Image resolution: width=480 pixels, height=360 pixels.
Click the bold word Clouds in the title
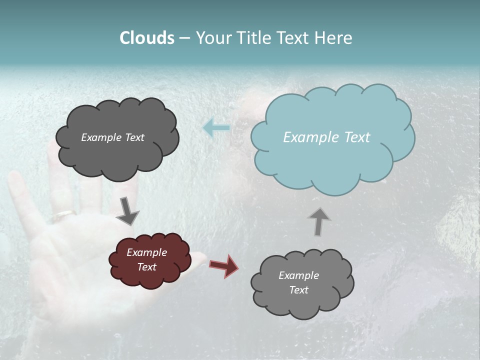147,38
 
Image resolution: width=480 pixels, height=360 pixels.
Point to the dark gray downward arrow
128,211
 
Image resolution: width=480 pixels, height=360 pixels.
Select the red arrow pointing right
223,265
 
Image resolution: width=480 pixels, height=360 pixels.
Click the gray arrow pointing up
318,221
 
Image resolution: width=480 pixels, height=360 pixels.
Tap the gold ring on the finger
64,215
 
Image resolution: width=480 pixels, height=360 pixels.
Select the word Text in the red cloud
147,267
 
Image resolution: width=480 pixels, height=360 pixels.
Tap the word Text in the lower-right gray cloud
298,290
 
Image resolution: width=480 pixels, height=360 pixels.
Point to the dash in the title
184,38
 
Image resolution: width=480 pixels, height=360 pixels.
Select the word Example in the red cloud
146,252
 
